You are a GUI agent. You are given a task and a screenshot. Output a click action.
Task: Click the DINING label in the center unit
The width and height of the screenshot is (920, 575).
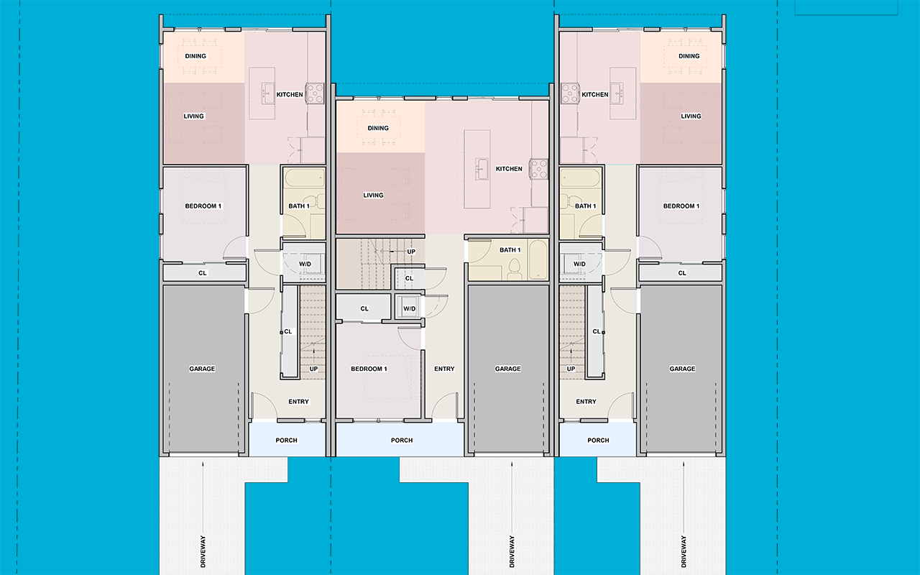378,129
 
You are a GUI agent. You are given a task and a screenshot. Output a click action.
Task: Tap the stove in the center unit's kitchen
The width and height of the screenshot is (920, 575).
538,168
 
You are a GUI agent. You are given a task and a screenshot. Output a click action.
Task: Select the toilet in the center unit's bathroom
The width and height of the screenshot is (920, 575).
514,267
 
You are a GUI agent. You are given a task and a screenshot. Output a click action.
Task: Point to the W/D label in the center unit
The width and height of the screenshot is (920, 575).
409,309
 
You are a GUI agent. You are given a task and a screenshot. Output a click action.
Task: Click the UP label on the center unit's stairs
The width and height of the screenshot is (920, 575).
411,252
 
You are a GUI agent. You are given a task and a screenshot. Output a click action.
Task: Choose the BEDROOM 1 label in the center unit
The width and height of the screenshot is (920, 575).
369,369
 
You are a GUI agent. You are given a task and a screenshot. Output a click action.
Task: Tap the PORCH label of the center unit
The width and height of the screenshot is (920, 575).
402,441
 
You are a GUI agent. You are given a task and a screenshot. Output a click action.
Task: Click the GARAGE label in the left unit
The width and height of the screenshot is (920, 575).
202,369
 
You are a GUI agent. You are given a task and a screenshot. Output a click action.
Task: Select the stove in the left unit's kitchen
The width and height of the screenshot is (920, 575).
315,91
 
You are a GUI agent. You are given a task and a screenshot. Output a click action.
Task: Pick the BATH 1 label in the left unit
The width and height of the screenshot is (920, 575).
299,206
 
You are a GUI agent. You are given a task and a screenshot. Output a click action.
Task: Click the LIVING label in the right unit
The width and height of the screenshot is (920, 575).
691,116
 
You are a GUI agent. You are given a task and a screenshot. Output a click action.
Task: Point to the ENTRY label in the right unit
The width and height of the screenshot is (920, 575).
586,402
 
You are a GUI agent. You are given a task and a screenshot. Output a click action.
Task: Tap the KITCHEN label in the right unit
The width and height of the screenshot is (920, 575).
595,94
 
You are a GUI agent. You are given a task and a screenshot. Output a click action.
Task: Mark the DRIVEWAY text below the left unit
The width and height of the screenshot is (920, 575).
203,552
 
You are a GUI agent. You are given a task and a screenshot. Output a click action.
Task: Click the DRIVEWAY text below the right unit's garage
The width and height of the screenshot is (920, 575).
684,552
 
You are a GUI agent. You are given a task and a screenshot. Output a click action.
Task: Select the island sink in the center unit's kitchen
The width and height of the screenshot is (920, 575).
479,170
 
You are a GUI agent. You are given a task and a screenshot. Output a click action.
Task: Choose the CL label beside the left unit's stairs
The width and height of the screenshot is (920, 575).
288,331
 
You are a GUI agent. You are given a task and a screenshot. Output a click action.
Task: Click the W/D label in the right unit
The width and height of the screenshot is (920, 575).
579,264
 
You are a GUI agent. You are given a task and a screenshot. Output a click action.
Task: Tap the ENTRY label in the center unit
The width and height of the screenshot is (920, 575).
444,369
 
